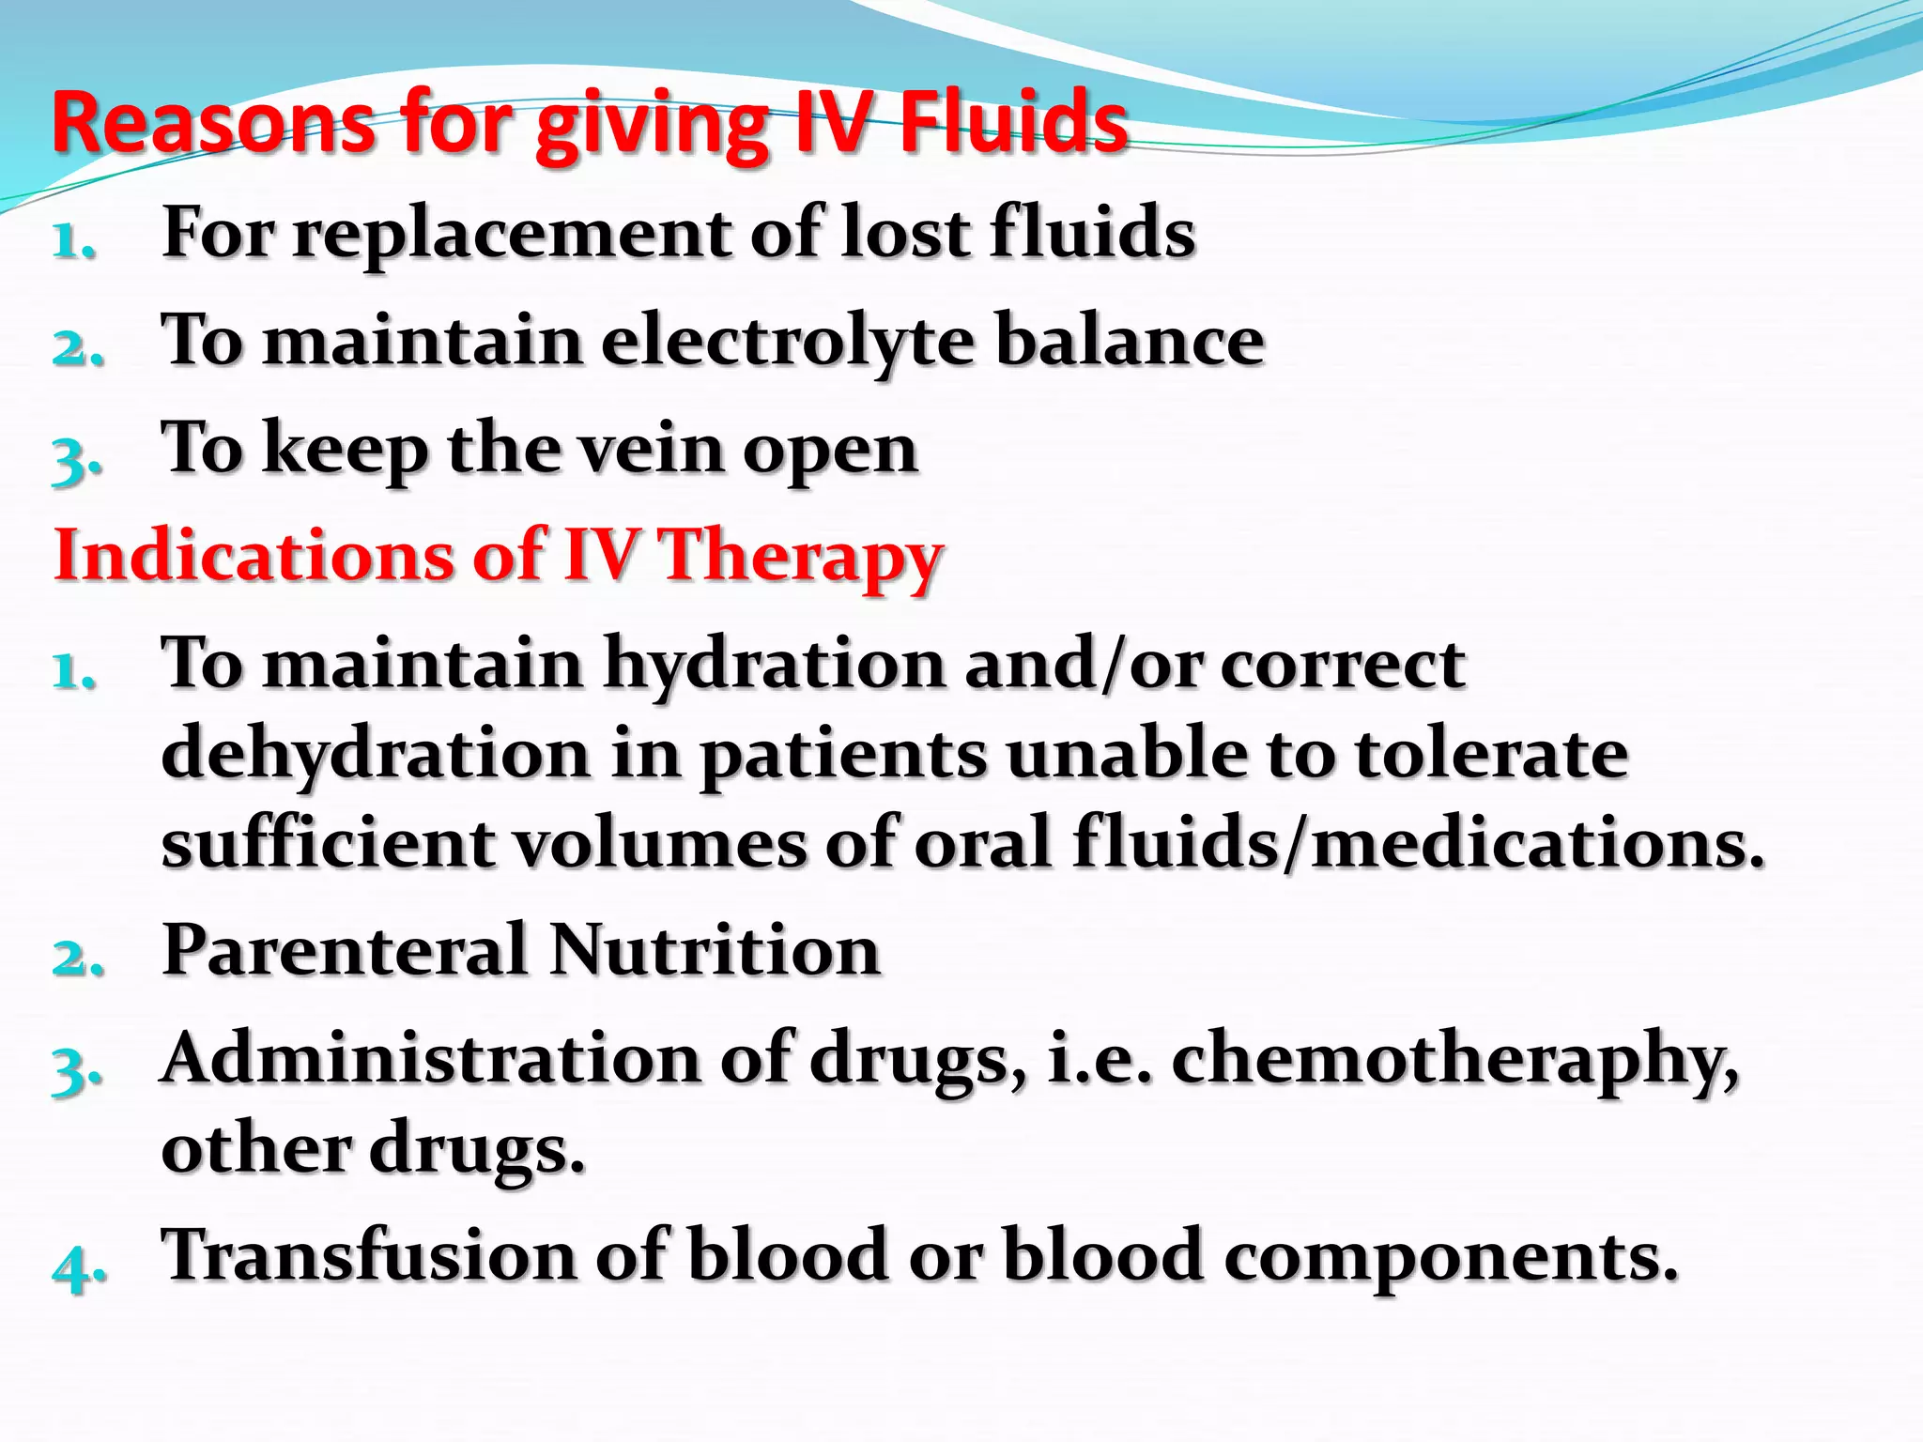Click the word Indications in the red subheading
point(254,555)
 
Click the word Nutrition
point(714,951)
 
